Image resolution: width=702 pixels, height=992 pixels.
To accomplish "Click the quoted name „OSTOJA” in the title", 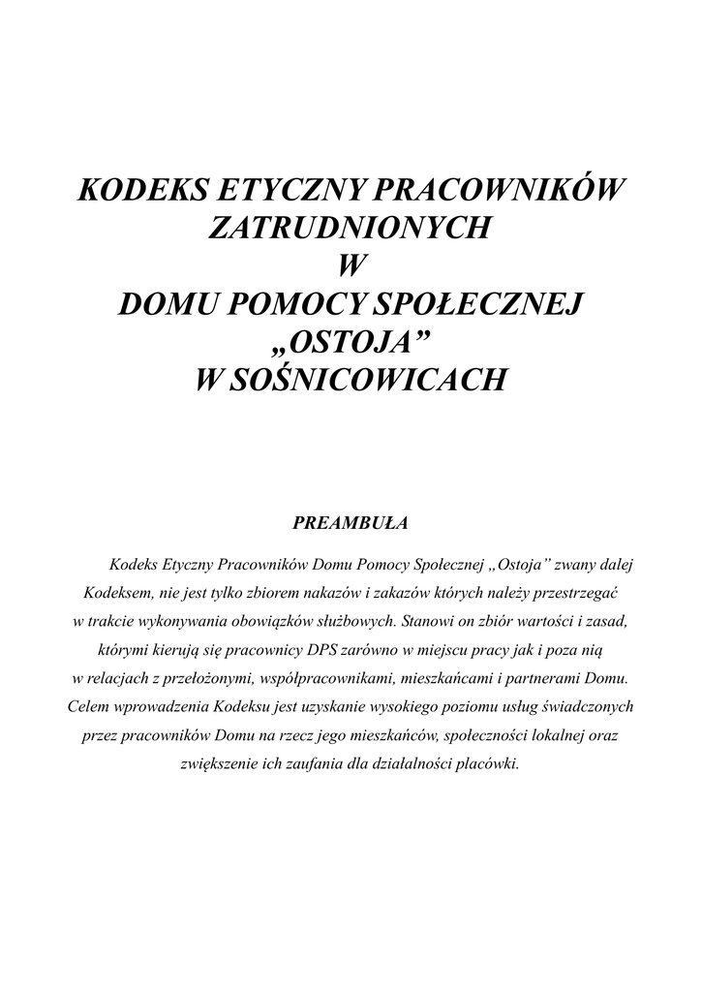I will click(x=351, y=342).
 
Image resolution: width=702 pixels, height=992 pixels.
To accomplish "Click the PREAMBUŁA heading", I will click(x=351, y=523).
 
